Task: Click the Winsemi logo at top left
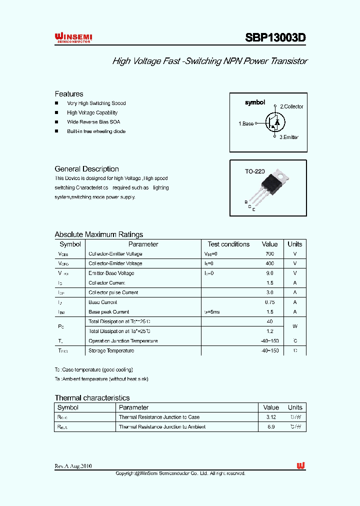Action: tap(73, 38)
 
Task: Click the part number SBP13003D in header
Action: tap(275, 38)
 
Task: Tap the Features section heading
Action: tap(69, 94)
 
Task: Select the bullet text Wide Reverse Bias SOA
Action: tap(93, 122)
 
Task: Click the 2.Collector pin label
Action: tap(291, 106)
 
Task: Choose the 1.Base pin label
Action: tap(246, 123)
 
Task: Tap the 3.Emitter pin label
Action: tap(289, 137)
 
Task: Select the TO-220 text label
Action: tap(254, 171)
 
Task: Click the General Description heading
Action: tap(86, 169)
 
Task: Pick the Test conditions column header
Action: tap(228, 244)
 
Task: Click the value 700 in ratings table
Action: tap(269, 254)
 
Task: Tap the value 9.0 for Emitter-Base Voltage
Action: tap(269, 273)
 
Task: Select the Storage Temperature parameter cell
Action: tap(111, 351)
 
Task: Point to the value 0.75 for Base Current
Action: tap(269, 302)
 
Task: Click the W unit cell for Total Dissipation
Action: tap(295, 326)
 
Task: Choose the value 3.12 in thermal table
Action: tap(271, 417)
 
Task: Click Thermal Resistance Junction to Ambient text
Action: tap(162, 427)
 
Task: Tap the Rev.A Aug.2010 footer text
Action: tap(73, 466)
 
